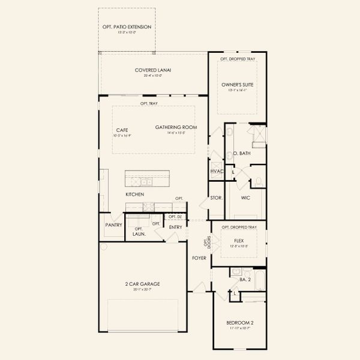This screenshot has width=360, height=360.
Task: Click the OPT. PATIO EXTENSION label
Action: tap(126, 27)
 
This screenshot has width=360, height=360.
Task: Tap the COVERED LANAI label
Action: tap(154, 70)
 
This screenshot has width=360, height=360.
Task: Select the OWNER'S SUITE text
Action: tap(238, 85)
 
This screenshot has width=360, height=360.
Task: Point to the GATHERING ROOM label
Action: tap(176, 127)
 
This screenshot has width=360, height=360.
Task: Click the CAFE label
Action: tap(122, 130)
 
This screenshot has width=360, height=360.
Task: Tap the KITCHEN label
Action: tap(134, 195)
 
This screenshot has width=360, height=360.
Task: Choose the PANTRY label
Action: tap(113, 225)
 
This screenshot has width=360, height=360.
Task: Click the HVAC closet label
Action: tap(217, 172)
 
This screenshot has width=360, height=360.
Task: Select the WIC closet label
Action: tap(245, 197)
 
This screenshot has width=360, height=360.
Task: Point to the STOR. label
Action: tap(216, 197)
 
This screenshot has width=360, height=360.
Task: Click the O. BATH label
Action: tap(242, 154)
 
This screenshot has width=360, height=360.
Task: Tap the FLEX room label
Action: tap(239, 241)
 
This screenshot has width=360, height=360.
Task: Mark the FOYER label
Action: tap(199, 258)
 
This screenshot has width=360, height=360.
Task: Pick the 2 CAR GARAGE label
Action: tap(143, 284)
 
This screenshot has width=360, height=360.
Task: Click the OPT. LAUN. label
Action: tap(139, 232)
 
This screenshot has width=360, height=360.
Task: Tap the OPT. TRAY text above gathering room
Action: tap(149, 103)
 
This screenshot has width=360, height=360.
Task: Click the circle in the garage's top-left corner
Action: tap(103, 247)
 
